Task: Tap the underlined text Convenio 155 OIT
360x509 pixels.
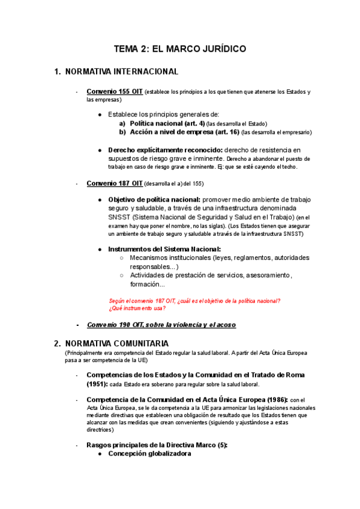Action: tap(115, 91)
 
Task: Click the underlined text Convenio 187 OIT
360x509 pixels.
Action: tap(115, 183)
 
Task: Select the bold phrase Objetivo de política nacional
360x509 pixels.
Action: tap(154, 199)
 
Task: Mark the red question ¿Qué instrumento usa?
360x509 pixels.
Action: tap(137, 309)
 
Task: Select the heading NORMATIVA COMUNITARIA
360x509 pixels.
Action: tap(117, 344)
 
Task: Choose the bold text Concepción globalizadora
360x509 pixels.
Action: tap(149, 454)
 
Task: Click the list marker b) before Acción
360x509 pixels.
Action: tap(122, 132)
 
